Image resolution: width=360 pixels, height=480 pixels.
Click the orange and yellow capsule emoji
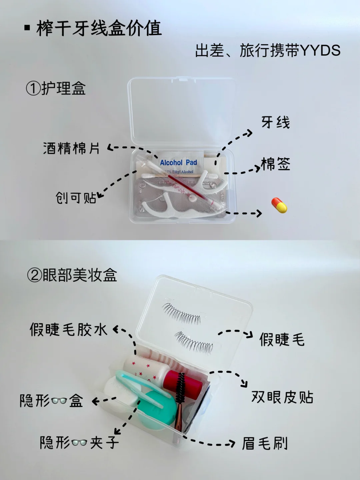point(279,205)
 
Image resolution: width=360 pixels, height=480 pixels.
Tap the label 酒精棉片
point(71,148)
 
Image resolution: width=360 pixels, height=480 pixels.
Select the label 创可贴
point(76,198)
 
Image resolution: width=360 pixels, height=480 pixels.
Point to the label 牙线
point(276,122)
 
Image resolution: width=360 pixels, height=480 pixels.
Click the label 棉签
point(275,164)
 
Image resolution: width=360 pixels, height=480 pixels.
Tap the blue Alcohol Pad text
point(178,162)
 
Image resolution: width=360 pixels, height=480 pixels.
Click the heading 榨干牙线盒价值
point(99,28)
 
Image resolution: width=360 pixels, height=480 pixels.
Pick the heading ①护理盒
point(56,88)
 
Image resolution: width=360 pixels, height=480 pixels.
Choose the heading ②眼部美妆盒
point(72,275)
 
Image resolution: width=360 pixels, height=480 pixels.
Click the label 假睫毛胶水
point(68,329)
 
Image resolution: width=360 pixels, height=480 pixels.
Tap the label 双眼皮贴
point(282,397)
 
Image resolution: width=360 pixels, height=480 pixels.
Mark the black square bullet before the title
point(27,28)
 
